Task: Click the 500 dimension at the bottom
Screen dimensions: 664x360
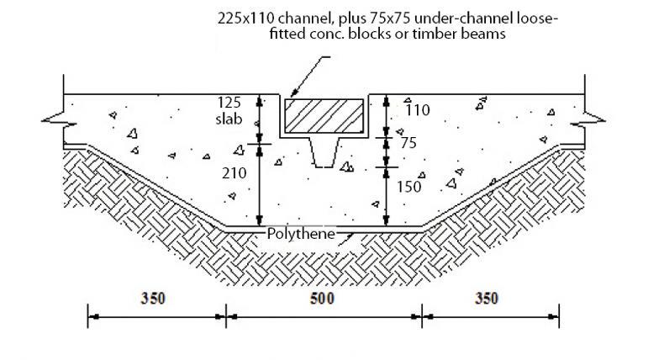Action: point(322,299)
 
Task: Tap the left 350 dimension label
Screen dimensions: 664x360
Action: point(153,299)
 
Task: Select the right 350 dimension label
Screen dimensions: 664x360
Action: point(486,299)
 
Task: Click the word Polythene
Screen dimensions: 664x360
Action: point(301,234)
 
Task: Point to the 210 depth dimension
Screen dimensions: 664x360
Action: point(235,173)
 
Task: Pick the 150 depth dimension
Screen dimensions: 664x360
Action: point(408,187)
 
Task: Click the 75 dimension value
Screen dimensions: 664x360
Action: point(408,143)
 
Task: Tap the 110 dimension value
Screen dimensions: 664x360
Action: point(418,110)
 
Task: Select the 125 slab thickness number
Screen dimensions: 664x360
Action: point(229,103)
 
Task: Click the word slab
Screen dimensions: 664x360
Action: point(229,119)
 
